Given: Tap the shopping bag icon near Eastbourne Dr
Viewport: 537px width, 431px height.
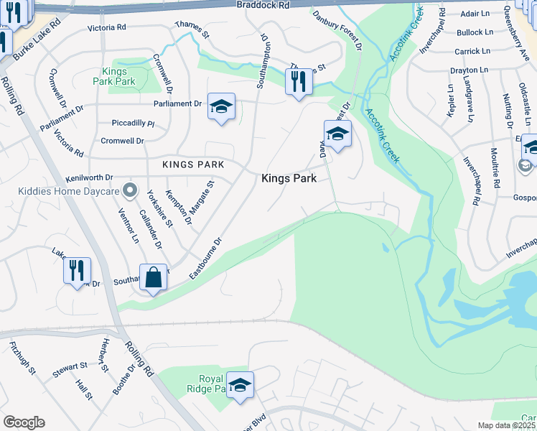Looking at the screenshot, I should (154, 277).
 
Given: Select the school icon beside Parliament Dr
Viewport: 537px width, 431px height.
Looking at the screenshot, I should (222, 107).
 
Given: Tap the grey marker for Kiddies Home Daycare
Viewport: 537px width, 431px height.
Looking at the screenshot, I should (130, 191).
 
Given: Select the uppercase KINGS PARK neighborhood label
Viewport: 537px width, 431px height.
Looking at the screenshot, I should (192, 164).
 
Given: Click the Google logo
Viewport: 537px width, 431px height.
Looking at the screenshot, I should (24, 422).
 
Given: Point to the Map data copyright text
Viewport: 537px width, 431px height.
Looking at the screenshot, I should (508, 426).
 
